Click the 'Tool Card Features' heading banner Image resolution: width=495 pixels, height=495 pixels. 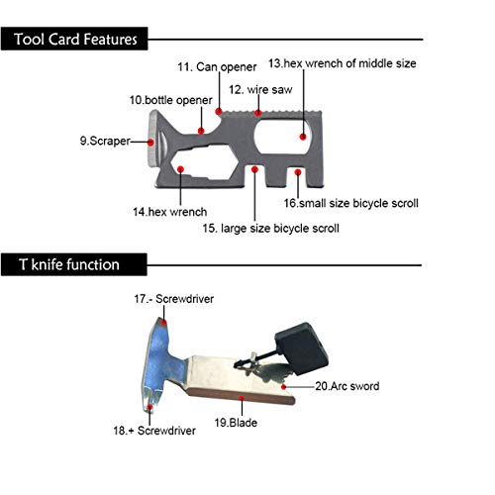(x=74, y=39)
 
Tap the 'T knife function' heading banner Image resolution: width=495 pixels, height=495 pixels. (x=74, y=264)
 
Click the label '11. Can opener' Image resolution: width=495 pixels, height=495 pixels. (x=217, y=67)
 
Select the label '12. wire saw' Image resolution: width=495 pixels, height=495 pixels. (x=260, y=89)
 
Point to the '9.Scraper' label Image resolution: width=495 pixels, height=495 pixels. (x=105, y=141)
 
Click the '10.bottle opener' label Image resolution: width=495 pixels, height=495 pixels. (x=170, y=100)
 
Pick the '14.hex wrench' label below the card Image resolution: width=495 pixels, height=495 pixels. (x=169, y=212)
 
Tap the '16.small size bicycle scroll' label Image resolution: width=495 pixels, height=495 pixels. (x=350, y=203)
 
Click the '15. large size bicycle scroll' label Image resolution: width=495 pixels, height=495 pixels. (x=270, y=229)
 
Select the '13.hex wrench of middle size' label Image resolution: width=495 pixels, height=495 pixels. (x=342, y=63)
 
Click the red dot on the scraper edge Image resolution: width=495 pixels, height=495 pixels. (x=150, y=143)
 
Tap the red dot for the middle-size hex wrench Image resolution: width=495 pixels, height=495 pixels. (x=303, y=137)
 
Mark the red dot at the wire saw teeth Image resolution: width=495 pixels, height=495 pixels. (x=258, y=113)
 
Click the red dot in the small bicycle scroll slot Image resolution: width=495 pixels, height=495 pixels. (x=298, y=172)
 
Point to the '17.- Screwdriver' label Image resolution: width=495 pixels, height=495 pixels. (x=173, y=299)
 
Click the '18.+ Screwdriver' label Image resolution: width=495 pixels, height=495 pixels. (x=154, y=431)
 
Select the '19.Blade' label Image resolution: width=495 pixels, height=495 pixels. (x=236, y=423)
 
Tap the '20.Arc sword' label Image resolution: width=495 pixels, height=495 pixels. (x=347, y=386)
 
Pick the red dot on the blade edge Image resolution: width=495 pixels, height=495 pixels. (x=242, y=399)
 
